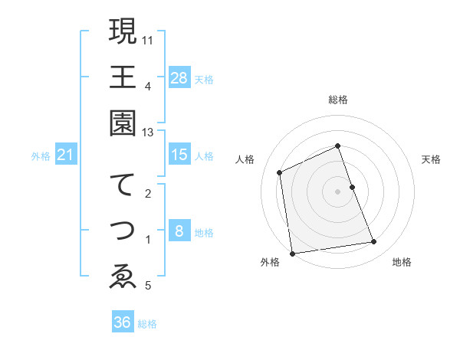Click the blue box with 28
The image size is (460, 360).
pos(179,77)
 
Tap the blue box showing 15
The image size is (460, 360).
pos(179,155)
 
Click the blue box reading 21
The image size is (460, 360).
pos(66,155)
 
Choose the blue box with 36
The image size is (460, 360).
pos(123,322)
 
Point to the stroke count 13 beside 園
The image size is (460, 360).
pos(148,133)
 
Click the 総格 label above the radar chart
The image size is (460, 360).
pos(338,100)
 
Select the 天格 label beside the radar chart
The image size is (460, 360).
pos(431,159)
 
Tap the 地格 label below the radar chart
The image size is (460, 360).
pos(402,262)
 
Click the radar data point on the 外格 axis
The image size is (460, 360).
pos(291,254)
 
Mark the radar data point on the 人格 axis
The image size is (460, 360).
pos(280,172)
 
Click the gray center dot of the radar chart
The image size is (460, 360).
pos(338,191)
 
